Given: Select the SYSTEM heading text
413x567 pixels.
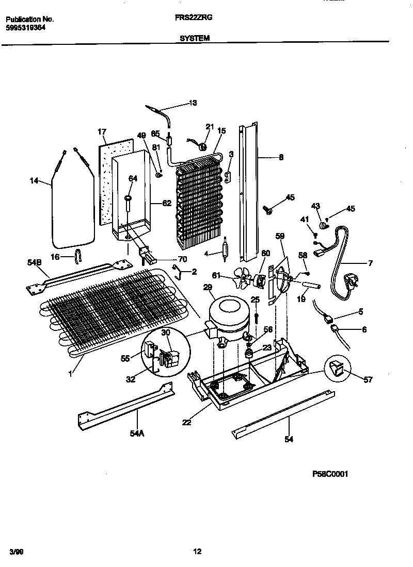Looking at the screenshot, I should (x=195, y=38).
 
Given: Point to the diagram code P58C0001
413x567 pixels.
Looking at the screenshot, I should (x=330, y=474).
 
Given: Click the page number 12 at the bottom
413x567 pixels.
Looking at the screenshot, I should (x=197, y=552).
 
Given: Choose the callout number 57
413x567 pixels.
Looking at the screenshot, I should (x=367, y=380).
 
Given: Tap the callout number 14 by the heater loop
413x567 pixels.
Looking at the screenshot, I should (x=34, y=180).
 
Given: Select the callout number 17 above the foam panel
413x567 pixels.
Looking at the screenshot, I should (x=102, y=132).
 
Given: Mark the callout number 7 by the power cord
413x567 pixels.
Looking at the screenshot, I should (x=370, y=263).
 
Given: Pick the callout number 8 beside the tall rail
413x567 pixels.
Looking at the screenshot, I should (x=280, y=158).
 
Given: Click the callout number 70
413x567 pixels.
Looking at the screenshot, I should (x=182, y=259).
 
